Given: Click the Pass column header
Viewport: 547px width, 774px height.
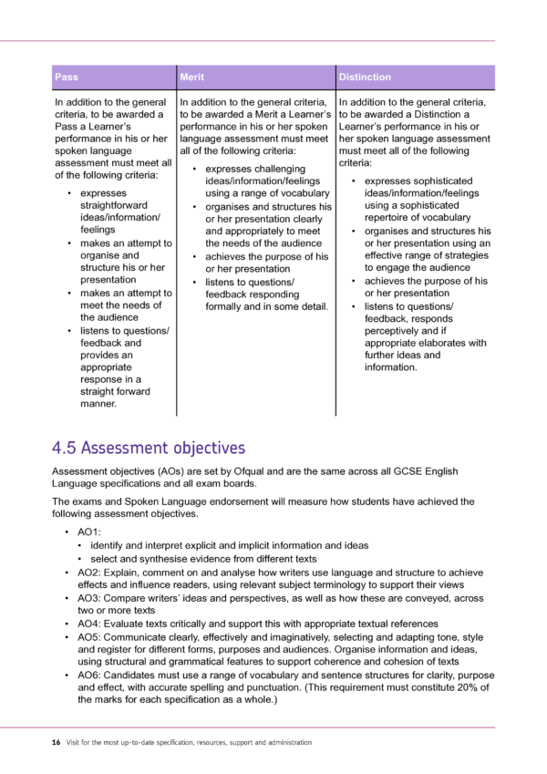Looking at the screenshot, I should point(67,77).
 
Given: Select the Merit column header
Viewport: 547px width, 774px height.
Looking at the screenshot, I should point(192,77).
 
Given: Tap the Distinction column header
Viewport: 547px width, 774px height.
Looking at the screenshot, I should point(365,77).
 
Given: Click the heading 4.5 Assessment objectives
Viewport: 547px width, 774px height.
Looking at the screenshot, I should point(149,448).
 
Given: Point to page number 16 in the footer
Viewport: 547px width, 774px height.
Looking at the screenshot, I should point(56,742).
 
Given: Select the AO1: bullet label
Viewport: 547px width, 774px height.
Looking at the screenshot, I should point(89,531).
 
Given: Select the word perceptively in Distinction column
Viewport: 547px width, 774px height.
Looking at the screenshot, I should point(394,331).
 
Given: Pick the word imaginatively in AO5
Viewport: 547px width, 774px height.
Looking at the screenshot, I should point(316,637).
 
